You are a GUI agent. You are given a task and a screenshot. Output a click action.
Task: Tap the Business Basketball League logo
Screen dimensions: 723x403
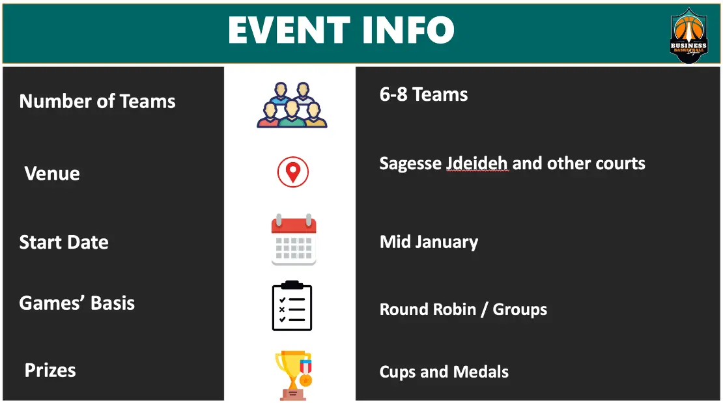(688, 35)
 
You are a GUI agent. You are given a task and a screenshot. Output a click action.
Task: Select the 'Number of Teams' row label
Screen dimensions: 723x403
(97, 101)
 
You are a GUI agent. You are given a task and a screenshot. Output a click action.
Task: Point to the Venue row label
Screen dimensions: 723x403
(52, 173)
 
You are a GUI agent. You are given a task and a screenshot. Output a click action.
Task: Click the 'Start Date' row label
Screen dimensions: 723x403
(64, 242)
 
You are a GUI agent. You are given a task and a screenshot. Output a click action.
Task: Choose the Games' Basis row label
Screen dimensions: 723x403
(77, 303)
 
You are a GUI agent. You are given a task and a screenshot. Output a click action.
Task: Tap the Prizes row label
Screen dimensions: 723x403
(50, 370)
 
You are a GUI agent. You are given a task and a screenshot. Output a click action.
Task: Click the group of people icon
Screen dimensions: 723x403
(292, 105)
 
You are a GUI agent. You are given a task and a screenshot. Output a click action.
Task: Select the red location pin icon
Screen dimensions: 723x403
(293, 172)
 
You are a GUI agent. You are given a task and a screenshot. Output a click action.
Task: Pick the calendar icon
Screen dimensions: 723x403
(294, 240)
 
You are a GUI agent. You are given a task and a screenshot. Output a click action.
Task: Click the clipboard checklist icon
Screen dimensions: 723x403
(292, 305)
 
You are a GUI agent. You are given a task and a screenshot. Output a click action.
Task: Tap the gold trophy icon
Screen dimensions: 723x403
(294, 375)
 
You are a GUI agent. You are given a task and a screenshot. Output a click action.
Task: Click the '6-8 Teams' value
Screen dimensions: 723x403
(423, 94)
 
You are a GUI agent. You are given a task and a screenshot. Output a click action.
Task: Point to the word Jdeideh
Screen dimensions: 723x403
(477, 163)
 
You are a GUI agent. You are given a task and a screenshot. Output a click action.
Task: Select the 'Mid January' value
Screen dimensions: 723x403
(429, 242)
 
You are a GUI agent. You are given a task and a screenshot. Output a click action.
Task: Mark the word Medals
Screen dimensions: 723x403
(481, 372)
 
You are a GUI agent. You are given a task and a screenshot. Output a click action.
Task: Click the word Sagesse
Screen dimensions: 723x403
(410, 163)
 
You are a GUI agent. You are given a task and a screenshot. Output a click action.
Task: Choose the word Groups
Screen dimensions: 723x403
(520, 310)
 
